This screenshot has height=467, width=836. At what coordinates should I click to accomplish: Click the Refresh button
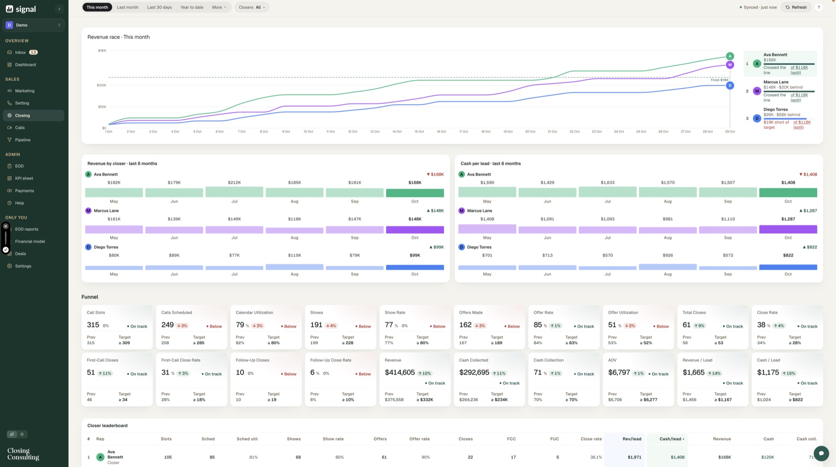click(x=796, y=7)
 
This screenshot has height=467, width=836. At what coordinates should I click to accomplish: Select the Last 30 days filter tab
click(x=159, y=7)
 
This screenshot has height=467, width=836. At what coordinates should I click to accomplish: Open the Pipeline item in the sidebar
click(x=22, y=140)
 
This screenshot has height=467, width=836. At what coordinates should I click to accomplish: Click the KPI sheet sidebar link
click(x=24, y=178)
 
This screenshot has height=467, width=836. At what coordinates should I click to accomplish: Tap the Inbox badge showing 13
click(x=33, y=52)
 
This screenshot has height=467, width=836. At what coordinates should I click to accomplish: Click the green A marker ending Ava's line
click(x=730, y=56)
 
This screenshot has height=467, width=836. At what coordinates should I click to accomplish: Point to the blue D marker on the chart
click(x=730, y=85)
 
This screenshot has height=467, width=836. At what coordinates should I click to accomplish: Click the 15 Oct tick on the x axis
click(x=419, y=132)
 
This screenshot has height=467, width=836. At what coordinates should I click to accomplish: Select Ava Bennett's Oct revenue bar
click(x=415, y=193)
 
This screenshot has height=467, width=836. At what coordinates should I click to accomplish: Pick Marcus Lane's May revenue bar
click(x=114, y=229)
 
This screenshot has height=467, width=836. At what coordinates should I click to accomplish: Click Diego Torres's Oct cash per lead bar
click(x=788, y=267)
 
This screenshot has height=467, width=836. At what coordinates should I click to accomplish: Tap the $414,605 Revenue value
click(x=399, y=372)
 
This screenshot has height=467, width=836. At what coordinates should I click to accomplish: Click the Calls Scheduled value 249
click(x=167, y=325)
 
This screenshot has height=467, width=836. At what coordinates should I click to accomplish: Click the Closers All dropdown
click(x=252, y=7)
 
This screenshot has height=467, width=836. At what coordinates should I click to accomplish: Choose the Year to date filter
click(x=192, y=7)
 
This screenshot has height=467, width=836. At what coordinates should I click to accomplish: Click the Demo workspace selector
click(x=33, y=25)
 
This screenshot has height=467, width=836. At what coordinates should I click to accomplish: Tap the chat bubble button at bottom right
click(x=821, y=454)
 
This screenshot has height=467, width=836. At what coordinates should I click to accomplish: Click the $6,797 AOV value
click(x=619, y=372)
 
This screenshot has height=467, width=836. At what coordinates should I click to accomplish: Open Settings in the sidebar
click(x=23, y=266)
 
